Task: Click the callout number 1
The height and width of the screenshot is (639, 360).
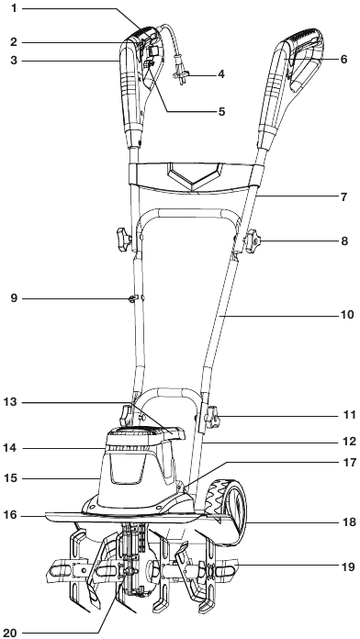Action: (15, 8)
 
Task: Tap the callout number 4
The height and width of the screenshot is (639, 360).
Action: (221, 74)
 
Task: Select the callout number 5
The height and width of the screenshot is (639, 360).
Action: (221, 111)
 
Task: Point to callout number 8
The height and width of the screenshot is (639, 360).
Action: (344, 241)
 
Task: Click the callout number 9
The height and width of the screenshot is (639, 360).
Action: (15, 298)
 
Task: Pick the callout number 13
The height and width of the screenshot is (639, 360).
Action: (11, 403)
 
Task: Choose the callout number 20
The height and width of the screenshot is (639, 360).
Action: (11, 633)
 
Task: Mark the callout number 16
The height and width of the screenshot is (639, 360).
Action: (11, 515)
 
